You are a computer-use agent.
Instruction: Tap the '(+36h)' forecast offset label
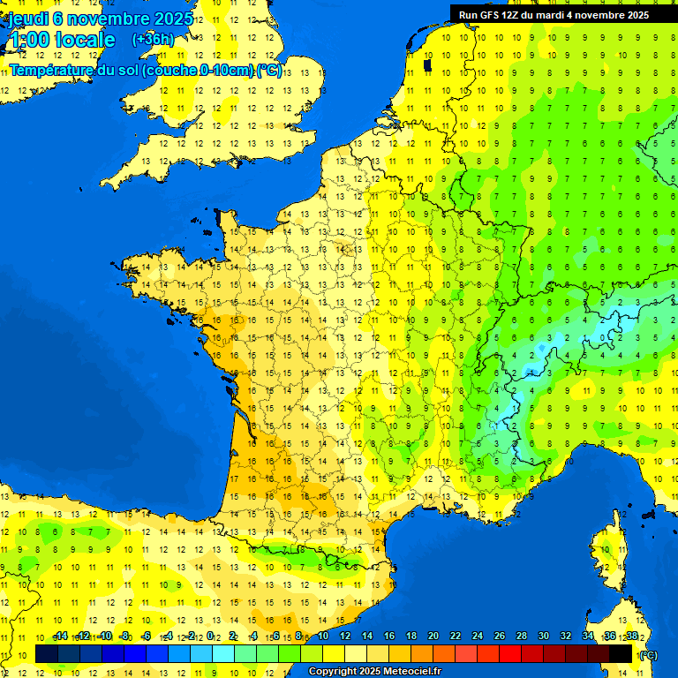click(153, 39)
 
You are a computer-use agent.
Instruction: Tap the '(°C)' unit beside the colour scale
click(647, 654)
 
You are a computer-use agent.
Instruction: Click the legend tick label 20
click(433, 636)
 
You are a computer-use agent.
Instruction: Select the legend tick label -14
click(60, 636)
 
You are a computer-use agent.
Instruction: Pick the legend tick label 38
click(631, 636)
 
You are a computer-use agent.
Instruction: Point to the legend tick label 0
click(210, 636)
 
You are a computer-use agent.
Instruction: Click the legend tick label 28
click(521, 636)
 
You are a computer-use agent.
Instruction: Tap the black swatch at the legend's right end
click(621, 653)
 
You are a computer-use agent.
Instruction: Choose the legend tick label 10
click(322, 636)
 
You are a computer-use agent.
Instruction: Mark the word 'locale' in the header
click(85, 40)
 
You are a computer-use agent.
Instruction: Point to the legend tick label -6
click(147, 636)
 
